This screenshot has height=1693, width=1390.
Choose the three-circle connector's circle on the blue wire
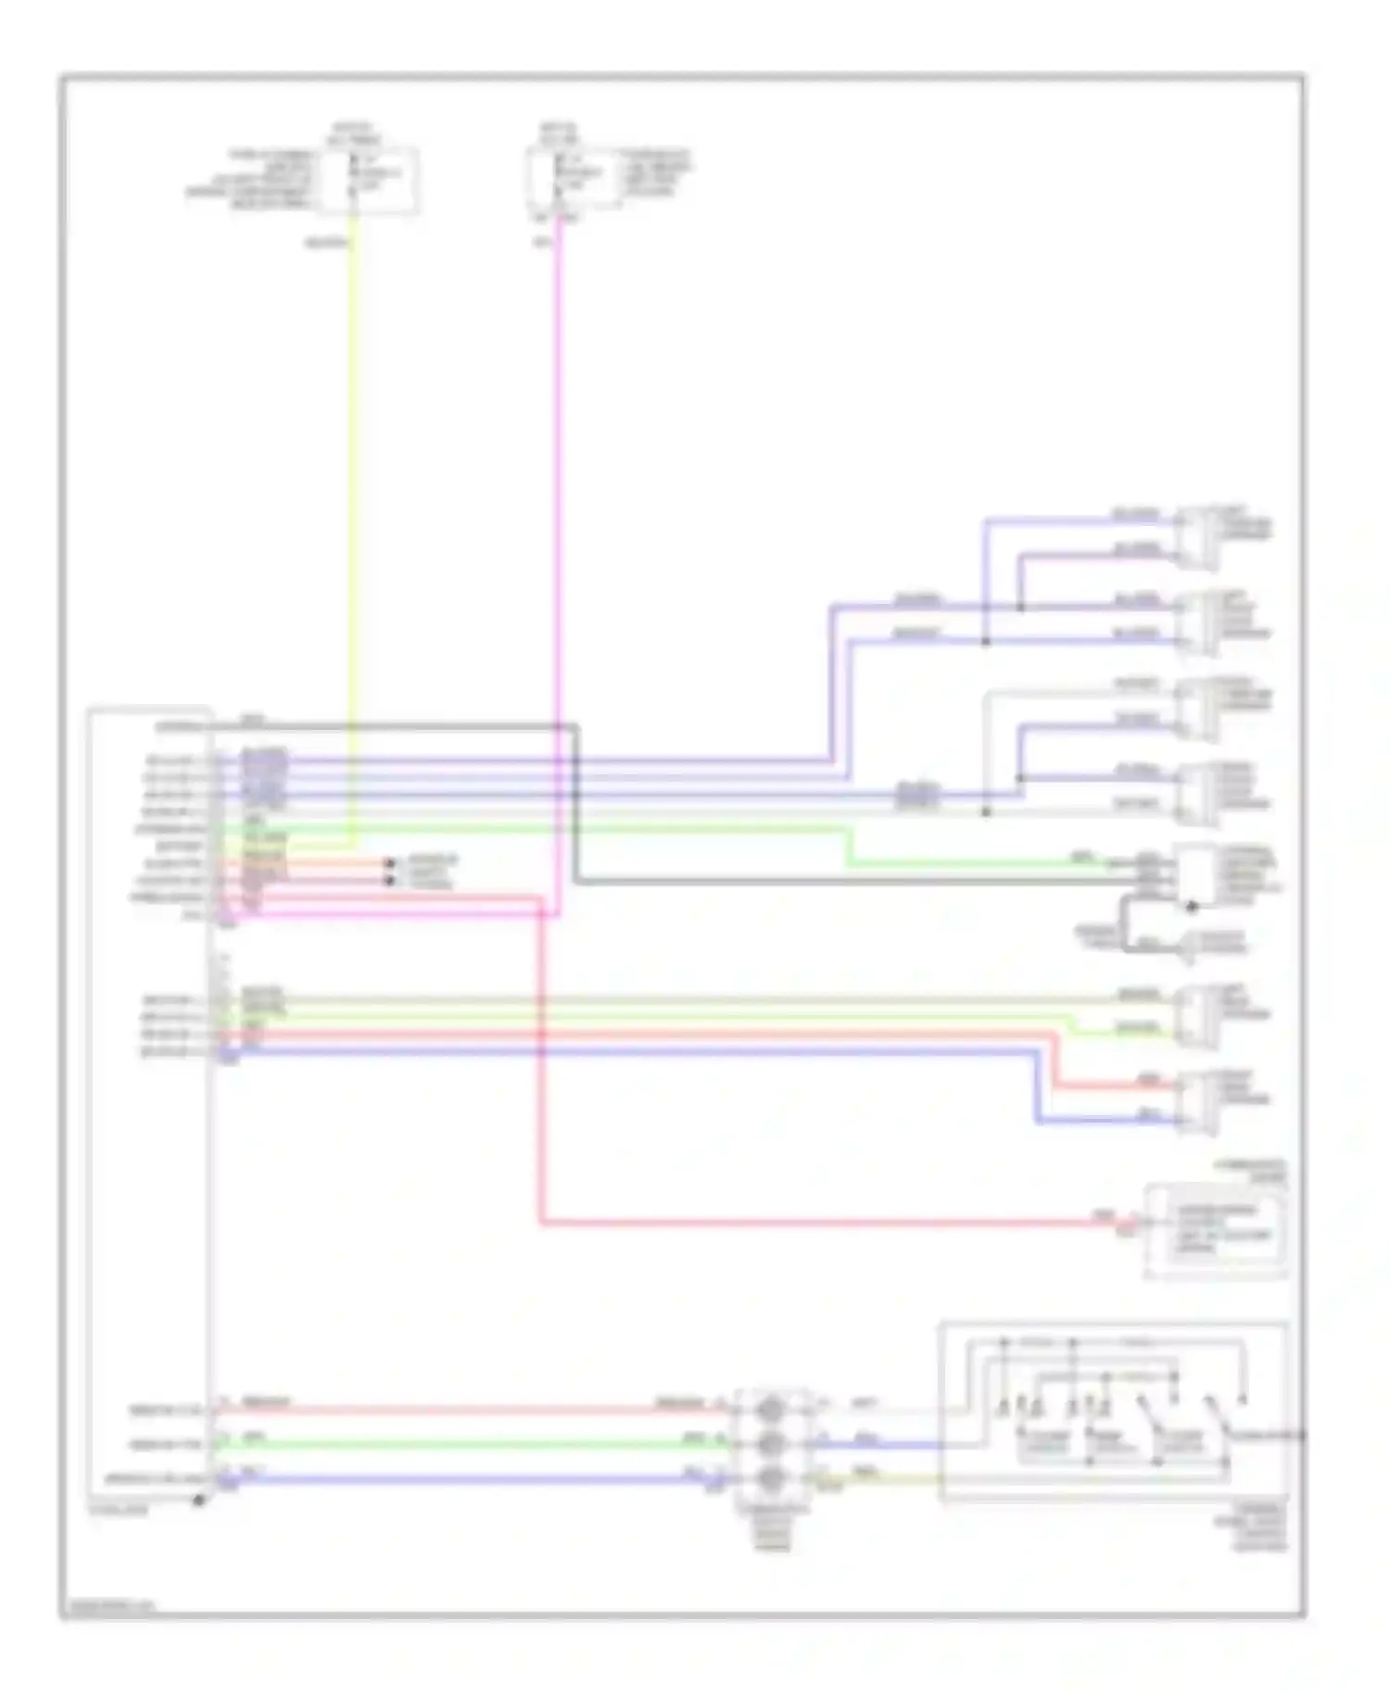point(772,1478)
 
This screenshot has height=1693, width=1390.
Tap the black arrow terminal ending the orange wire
point(390,863)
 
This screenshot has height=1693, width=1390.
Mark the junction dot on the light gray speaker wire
point(985,812)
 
